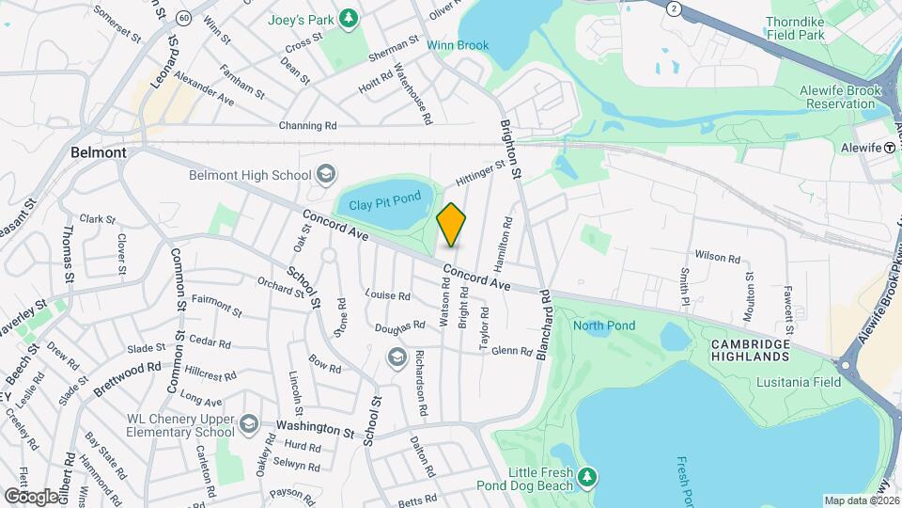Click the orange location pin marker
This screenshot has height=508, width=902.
[452, 224]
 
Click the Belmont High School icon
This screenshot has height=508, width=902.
[325, 174]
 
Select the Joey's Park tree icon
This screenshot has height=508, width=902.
[350, 17]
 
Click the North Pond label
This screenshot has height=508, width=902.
[604, 325]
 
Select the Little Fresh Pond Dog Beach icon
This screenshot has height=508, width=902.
[587, 478]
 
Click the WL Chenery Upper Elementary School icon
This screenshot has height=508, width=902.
[249, 424]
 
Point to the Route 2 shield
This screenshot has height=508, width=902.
[673, 8]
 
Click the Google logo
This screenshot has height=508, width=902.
[31, 496]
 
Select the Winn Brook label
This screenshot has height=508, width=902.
[458, 45]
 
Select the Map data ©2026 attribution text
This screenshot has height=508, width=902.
[860, 500]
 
